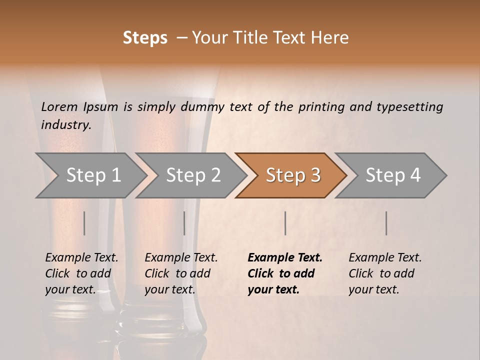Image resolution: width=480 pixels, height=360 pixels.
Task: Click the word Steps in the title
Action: click(x=145, y=38)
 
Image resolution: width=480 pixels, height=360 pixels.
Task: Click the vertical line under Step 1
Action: click(x=84, y=223)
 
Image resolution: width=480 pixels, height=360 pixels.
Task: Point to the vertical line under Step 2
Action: click(x=184, y=223)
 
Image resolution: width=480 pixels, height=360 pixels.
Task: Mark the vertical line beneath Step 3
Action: click(x=285, y=223)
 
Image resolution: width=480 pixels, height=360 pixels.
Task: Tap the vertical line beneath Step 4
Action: click(x=386, y=223)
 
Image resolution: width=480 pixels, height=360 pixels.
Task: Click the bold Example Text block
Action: click(x=284, y=273)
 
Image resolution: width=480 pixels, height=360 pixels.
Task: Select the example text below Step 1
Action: click(x=81, y=273)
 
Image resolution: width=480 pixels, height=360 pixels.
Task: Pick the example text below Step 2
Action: click(x=181, y=273)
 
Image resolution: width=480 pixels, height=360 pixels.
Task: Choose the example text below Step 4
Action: click(x=385, y=273)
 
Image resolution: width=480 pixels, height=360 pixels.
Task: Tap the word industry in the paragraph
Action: click(x=66, y=125)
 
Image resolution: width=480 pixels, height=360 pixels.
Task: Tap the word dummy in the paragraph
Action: click(x=205, y=107)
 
